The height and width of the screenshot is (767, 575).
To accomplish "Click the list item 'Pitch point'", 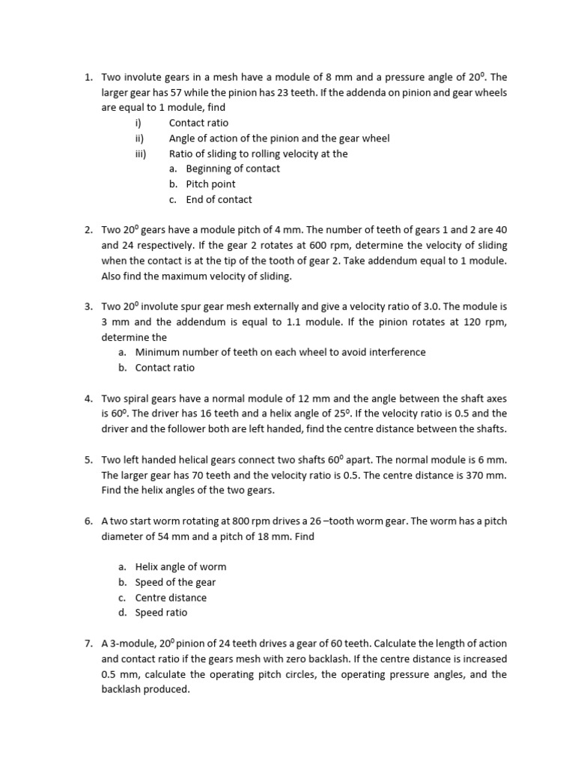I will (210, 184).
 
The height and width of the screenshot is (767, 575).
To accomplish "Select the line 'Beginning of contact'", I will (233, 169).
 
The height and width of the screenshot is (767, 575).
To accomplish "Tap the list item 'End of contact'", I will (219, 199).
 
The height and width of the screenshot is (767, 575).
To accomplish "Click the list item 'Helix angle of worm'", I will (180, 567).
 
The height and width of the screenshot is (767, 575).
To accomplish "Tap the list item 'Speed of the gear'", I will (175, 582).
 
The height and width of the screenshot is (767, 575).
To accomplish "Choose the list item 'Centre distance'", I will (171, 598).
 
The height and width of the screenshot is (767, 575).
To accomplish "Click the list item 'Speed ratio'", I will (161, 613).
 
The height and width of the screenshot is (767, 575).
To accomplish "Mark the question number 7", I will (88, 643).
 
